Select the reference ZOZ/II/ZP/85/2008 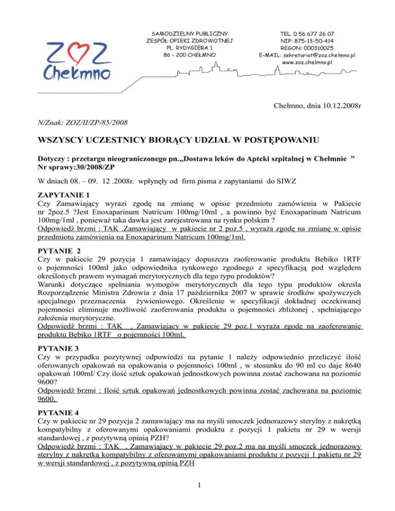coord(99,122)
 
